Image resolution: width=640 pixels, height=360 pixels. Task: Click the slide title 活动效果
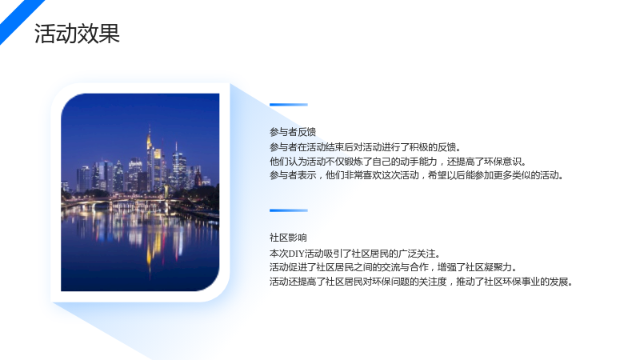[77, 34]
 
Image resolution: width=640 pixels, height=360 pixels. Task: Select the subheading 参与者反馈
[293, 132]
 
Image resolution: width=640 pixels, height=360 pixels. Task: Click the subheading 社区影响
[288, 238]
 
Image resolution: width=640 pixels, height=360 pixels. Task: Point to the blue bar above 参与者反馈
[289, 105]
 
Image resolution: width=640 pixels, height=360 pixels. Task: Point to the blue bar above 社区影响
[289, 210]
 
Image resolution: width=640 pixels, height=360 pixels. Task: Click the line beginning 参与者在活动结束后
[366, 147]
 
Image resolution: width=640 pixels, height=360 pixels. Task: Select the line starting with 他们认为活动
[398, 162]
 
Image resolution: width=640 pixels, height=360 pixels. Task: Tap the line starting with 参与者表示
[417, 175]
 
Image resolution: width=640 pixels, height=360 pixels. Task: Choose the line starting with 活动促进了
[394, 267]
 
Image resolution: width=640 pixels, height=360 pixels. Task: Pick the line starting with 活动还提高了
[422, 282]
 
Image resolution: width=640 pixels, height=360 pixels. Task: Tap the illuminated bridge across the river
[118, 200]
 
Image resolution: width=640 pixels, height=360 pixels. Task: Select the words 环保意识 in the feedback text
[503, 162]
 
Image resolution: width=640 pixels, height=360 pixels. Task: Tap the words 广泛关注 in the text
[417, 254]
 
